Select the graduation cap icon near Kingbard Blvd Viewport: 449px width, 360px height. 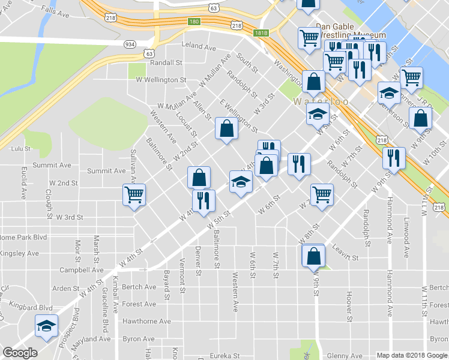(x=46, y=326)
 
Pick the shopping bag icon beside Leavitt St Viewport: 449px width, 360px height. (x=313, y=256)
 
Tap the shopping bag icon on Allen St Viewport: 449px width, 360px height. (x=226, y=129)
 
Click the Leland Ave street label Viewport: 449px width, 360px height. (x=198, y=46)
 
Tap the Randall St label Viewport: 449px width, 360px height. (x=166, y=62)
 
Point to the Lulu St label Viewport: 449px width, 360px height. (x=20, y=148)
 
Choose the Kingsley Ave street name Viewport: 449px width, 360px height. (x=19, y=254)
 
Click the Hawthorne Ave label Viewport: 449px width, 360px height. (x=146, y=322)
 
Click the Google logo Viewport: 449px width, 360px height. (x=20, y=353)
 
